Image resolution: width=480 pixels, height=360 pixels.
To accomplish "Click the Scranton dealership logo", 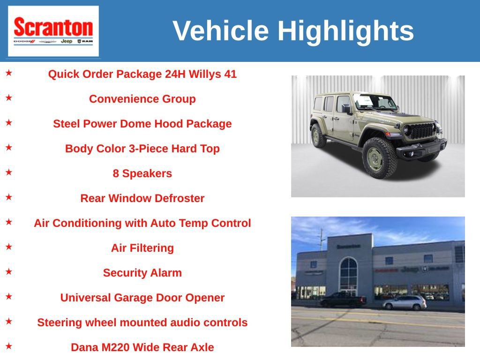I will pos(53,31).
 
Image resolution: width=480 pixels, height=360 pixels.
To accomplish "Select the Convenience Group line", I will pos(142,99).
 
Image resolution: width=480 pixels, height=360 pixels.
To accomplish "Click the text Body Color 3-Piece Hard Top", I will pos(142,149).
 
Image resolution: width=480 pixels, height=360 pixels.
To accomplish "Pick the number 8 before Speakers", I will pos(116,173).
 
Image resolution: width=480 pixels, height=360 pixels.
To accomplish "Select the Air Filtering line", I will pos(142,248).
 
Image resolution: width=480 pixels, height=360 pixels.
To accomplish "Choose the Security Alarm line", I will pos(142,273).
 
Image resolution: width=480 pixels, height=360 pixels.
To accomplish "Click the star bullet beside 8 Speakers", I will pos(9,172).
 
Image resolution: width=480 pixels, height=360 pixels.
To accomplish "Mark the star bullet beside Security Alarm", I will pos(9,271).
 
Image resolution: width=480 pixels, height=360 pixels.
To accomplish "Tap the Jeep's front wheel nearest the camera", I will pos(380,157).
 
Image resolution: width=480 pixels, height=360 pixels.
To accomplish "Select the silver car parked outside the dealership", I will pos(405,303).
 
